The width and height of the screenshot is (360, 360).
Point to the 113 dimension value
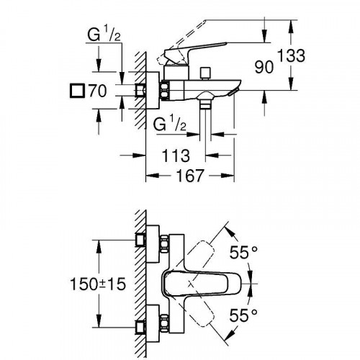[x=176, y=155]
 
